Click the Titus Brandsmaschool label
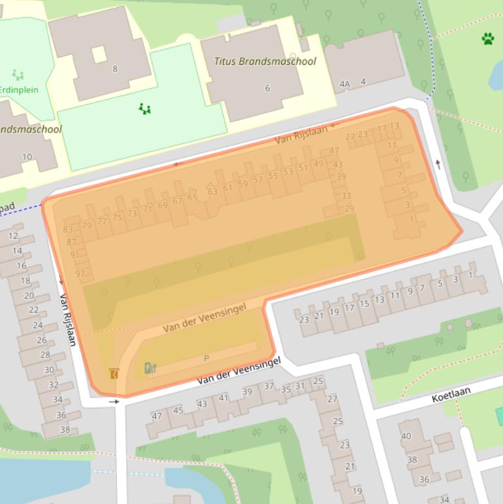(x=265, y=62)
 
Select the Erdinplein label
(x=18, y=90)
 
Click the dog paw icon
(x=488, y=39)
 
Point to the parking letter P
(x=207, y=358)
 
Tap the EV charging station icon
(x=150, y=368)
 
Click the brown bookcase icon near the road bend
(x=114, y=374)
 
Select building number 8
(x=115, y=69)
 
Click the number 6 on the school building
(x=267, y=88)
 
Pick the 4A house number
(x=345, y=84)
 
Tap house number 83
(x=68, y=230)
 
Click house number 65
(x=192, y=197)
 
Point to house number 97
(x=80, y=274)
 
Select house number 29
(x=349, y=209)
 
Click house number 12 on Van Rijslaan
(x=13, y=236)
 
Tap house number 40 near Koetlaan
(x=406, y=436)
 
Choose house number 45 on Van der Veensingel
(x=178, y=410)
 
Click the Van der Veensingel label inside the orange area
(x=205, y=318)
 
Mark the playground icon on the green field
(x=145, y=109)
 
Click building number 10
(x=27, y=156)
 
